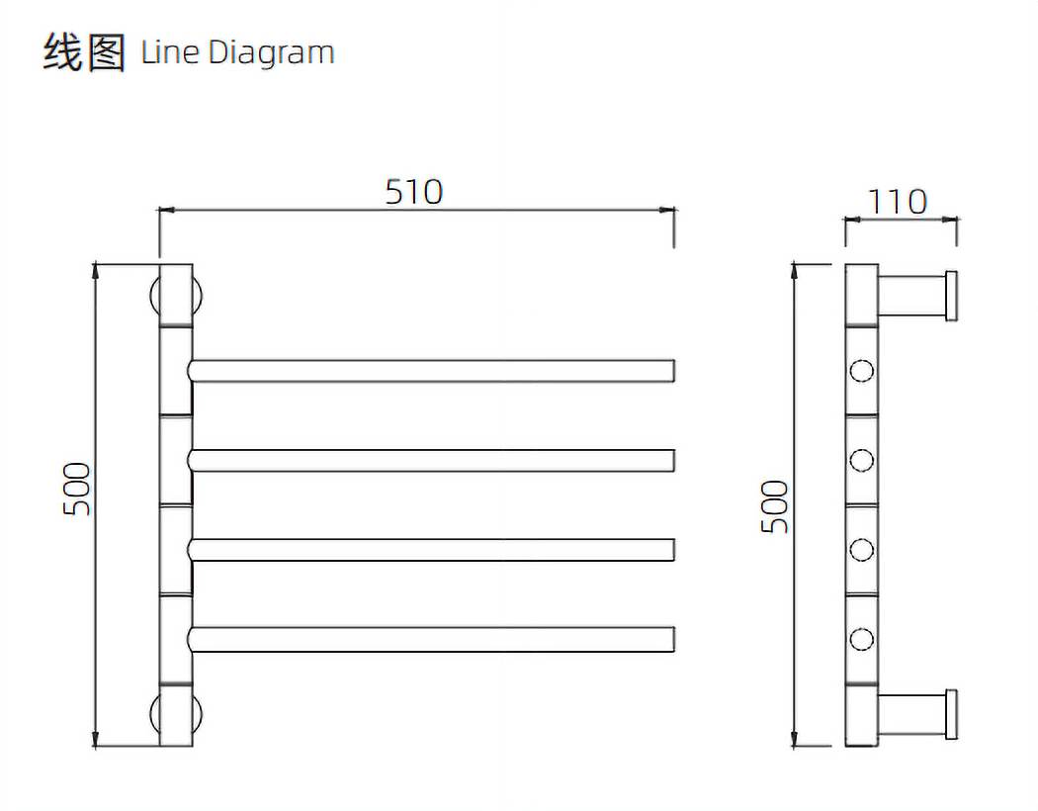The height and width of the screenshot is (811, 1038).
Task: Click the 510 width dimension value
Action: pyautogui.click(x=414, y=191)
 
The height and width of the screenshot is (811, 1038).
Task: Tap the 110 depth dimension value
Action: pyautogui.click(x=898, y=202)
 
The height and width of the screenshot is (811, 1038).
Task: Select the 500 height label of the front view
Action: pyautogui.click(x=77, y=488)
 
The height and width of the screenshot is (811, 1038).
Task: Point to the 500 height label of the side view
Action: pyautogui.click(x=776, y=506)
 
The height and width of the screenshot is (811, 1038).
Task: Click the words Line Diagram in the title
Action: pyautogui.click(x=237, y=52)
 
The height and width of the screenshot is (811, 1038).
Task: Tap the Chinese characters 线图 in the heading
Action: pyautogui.click(x=84, y=52)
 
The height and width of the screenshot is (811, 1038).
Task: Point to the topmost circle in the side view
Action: pyautogui.click(x=862, y=372)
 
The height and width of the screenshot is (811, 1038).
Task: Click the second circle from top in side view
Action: pyautogui.click(x=862, y=461)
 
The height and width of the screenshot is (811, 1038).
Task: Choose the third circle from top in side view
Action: pyautogui.click(x=862, y=550)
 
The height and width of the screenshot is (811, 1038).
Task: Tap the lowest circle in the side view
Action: pyautogui.click(x=862, y=639)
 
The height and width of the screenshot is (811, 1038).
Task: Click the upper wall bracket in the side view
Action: pyautogui.click(x=916, y=295)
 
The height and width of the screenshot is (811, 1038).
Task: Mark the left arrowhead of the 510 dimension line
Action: pyautogui.click(x=165, y=210)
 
